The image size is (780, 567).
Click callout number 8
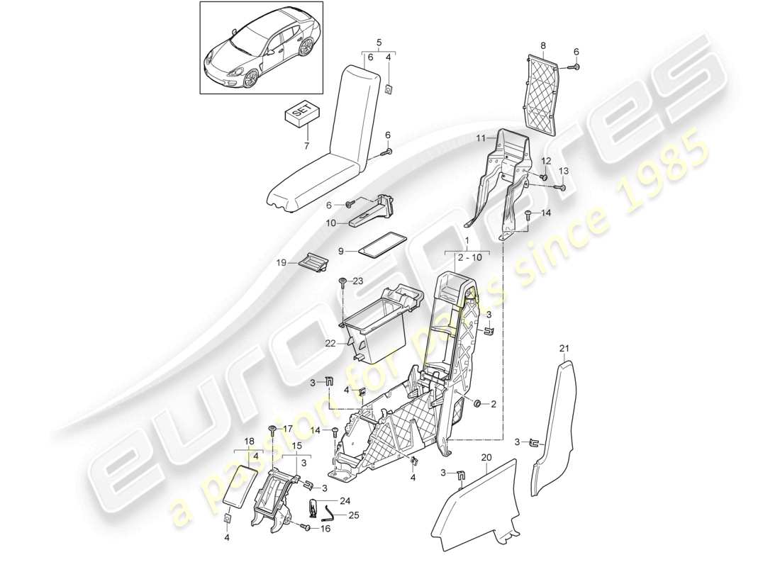click(543, 46)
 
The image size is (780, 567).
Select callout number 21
click(564, 348)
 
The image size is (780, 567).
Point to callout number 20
click(485, 458)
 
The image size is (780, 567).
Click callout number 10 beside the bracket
click(330, 222)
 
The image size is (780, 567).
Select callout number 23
click(358, 281)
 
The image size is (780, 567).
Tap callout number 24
click(345, 500)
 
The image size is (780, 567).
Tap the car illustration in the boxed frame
click(260, 57)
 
